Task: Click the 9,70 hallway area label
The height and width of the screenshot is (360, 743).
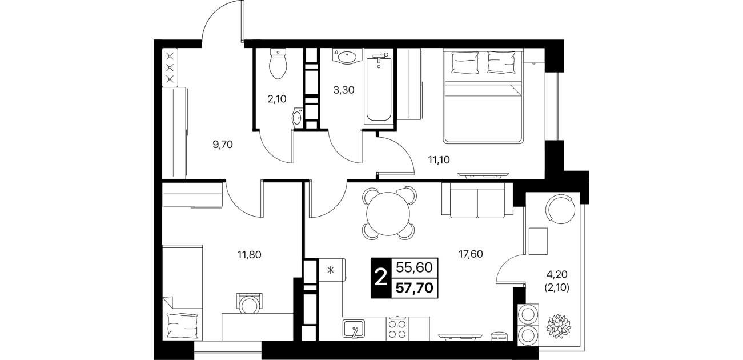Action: click(223, 145)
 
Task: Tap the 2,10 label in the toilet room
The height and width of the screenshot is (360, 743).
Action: click(276, 99)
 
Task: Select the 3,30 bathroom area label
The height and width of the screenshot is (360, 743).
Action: click(344, 90)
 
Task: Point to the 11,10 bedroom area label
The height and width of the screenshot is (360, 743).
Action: click(439, 160)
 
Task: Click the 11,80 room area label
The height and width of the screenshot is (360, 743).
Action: click(250, 255)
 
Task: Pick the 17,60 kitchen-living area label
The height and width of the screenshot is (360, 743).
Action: click(471, 254)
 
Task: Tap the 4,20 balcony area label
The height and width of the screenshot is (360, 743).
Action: click(557, 274)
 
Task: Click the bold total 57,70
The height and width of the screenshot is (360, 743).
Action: click(415, 288)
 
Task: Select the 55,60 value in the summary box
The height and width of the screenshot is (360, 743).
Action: click(415, 267)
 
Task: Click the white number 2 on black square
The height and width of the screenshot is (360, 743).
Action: click(381, 277)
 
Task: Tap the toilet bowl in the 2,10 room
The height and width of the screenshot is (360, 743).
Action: click(278, 63)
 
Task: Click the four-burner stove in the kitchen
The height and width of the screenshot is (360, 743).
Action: click(397, 329)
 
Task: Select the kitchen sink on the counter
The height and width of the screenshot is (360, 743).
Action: click(354, 329)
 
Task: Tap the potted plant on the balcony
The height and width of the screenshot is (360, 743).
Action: click(559, 324)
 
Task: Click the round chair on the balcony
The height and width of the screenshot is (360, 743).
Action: click(561, 210)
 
